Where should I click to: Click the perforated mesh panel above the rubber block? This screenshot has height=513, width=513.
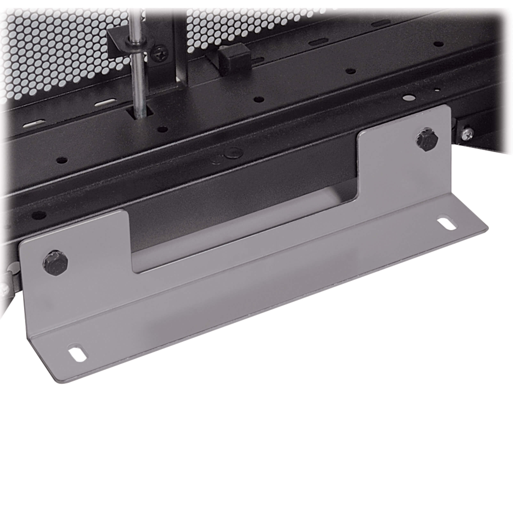coord(226,24)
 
